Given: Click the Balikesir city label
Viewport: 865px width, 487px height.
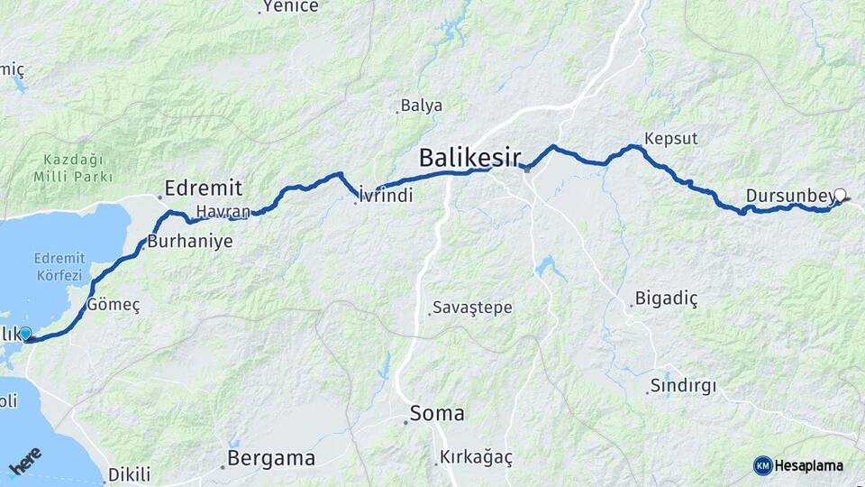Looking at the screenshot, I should (469, 160).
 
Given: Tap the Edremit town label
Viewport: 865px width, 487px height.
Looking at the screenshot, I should (202, 188).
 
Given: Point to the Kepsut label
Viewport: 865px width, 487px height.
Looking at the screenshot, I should (671, 139).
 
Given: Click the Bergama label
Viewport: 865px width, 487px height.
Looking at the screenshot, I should (271, 458).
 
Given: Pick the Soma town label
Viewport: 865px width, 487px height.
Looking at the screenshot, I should (437, 414).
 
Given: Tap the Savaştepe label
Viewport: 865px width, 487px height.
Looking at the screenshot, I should (472, 308).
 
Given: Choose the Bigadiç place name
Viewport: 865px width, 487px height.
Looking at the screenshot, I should (667, 298).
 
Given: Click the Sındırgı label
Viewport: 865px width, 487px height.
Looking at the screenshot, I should (683, 387).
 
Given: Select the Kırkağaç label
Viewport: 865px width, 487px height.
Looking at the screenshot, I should (476, 458).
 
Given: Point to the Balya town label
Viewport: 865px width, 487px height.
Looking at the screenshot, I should (422, 106).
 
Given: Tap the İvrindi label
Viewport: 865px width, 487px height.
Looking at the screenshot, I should (385, 195).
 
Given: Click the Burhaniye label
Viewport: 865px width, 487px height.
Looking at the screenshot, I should (190, 242).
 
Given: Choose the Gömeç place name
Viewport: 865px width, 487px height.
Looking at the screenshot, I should (114, 306).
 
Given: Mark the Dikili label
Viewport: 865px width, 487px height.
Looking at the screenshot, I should (129, 474).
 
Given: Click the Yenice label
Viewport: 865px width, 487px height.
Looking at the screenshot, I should (292, 7).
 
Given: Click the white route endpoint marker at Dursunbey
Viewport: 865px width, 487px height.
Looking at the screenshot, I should (841, 195).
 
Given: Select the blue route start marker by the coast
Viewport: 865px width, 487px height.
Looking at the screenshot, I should (25, 334).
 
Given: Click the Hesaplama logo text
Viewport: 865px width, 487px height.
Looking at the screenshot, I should (809, 465).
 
